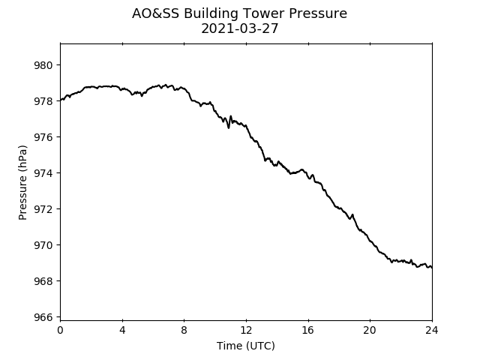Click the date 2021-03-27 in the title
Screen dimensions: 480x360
pos(240,28)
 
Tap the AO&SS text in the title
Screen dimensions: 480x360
pos(155,13)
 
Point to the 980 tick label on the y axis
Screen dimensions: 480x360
pos(43,65)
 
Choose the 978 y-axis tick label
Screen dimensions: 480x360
pos(43,101)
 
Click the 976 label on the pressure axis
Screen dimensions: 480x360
pos(43,137)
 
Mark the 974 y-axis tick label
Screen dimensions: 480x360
pos(43,173)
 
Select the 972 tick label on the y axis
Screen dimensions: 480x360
pos(43,209)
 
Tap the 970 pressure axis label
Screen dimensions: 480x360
pos(43,245)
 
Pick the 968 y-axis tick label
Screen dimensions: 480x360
pos(43,281)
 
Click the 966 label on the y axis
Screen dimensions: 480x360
pos(43,317)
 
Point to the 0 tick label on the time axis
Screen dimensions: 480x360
pos(60,330)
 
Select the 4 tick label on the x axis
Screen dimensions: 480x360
pos(122,330)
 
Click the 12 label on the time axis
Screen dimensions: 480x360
pos(246,330)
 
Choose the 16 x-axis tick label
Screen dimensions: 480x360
pos(308,330)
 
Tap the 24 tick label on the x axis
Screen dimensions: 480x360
pos(432,330)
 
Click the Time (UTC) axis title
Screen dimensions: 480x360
pos(246,346)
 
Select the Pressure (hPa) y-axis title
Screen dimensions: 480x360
pos(22,182)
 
